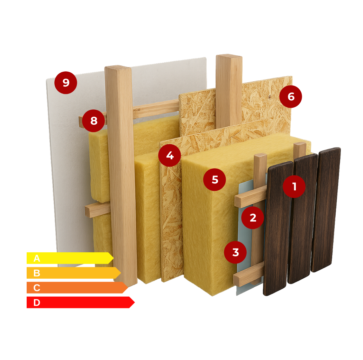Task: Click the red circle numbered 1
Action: click(x=294, y=186)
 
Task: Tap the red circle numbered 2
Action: click(x=253, y=218)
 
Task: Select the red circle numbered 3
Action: click(x=235, y=252)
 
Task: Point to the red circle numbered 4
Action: click(x=170, y=155)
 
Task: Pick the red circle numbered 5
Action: click(x=215, y=179)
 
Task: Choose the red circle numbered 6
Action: click(x=291, y=97)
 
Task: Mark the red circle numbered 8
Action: click(x=93, y=120)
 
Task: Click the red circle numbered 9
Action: click(x=66, y=83)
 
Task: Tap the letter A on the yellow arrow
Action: click(x=37, y=258)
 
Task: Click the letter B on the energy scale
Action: click(x=37, y=273)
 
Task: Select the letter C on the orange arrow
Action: click(x=37, y=288)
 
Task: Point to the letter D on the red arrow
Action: click(x=37, y=303)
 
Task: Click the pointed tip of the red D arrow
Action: click(x=135, y=302)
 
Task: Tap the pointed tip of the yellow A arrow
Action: click(x=114, y=258)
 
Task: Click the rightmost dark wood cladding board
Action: click(x=326, y=209)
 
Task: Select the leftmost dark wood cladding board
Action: click(x=278, y=228)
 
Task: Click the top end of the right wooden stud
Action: click(x=229, y=56)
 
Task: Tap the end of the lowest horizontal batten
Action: click(x=236, y=279)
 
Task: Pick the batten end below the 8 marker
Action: click(x=88, y=211)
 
